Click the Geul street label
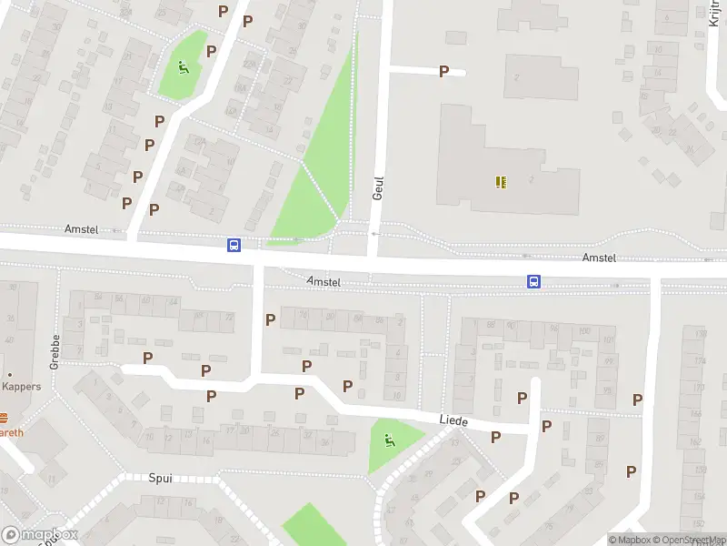pyautogui.click(x=379, y=188)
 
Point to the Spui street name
pyautogui.click(x=160, y=478)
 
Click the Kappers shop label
pyautogui.click(x=21, y=387)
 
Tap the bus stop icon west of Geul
pyautogui.click(x=234, y=245)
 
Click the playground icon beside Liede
pyautogui.click(x=390, y=441)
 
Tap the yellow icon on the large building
pyautogui.click(x=501, y=182)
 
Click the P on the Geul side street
pyautogui.click(x=444, y=71)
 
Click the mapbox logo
pyautogui.click(x=40, y=535)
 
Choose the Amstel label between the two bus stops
pyautogui.click(x=324, y=282)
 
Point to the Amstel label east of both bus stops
pyautogui.click(x=599, y=258)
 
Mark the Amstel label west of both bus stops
pyautogui.click(x=80, y=229)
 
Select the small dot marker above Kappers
pyautogui.click(x=9, y=375)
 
